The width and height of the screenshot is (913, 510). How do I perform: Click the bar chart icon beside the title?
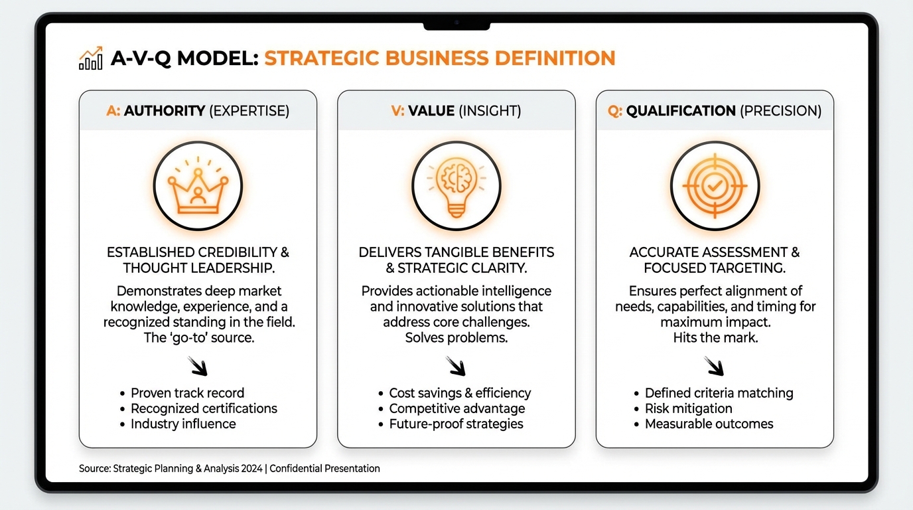[90, 58]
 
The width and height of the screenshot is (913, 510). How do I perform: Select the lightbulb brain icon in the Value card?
[456, 187]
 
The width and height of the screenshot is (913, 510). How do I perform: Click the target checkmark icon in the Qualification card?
[715, 186]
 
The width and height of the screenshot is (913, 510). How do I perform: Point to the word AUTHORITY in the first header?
[165, 111]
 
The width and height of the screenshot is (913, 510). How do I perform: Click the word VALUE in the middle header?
[431, 111]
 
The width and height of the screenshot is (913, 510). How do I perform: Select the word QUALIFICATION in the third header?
[681, 111]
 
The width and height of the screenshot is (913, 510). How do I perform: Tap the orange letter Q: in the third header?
[614, 111]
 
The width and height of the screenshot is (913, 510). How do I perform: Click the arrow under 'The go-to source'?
[198, 366]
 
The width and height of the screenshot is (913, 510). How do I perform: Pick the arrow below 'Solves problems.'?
[456, 366]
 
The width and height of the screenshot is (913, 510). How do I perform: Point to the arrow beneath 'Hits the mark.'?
[714, 366]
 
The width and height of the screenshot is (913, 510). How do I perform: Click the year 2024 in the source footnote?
[251, 468]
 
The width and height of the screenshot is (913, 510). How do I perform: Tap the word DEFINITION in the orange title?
[555, 58]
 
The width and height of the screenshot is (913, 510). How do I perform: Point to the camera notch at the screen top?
[456, 25]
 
